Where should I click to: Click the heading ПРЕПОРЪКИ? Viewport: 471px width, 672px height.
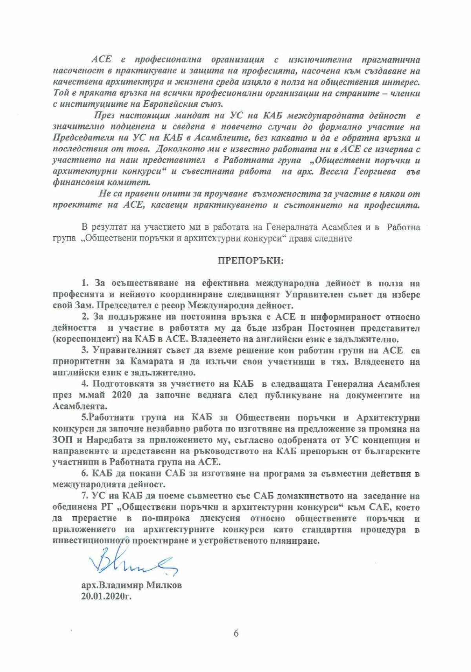point(250,261)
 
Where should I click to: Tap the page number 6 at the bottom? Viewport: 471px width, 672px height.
point(236,634)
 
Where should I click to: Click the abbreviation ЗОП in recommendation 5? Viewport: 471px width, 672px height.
point(62,440)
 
